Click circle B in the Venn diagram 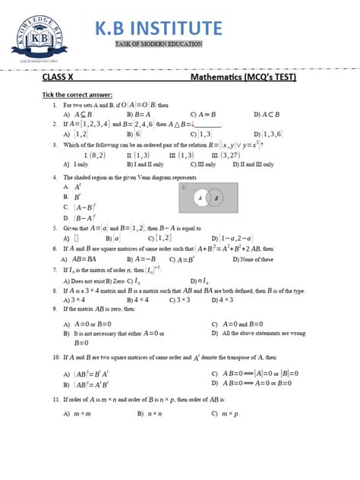[x=217, y=198]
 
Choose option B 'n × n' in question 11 [x=152, y=414]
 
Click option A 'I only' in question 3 [x=77, y=164]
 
